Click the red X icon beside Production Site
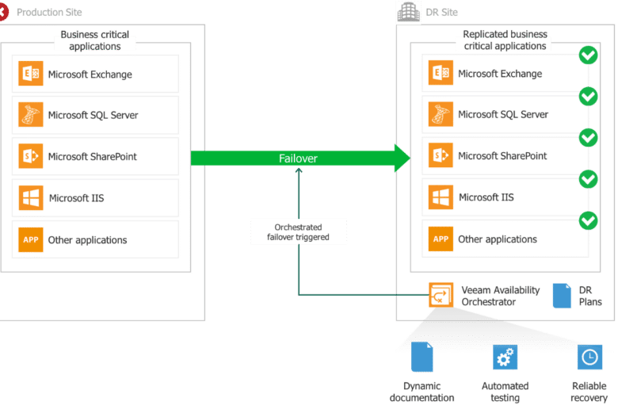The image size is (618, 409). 3,12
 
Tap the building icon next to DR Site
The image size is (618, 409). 408,12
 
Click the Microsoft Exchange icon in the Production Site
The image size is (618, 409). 31,74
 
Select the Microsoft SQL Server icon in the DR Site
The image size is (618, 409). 441,114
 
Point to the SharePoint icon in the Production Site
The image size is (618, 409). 31,156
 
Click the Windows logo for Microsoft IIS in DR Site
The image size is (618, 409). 441,197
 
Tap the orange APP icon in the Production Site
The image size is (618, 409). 31,239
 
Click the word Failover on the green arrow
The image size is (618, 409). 298,159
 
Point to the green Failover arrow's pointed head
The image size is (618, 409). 410,159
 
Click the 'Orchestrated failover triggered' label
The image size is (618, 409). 298,232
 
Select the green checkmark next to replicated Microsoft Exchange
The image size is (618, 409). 588,55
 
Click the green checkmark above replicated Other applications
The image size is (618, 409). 588,220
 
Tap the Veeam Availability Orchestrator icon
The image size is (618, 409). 441,295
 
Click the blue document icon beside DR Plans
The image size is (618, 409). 562,296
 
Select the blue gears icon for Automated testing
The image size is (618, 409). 505,357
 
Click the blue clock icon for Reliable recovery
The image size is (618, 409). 589,357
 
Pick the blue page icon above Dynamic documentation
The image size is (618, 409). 422,357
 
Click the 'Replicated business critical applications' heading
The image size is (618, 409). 505,40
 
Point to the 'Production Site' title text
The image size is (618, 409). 49,12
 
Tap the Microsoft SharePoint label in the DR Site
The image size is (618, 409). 502,156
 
